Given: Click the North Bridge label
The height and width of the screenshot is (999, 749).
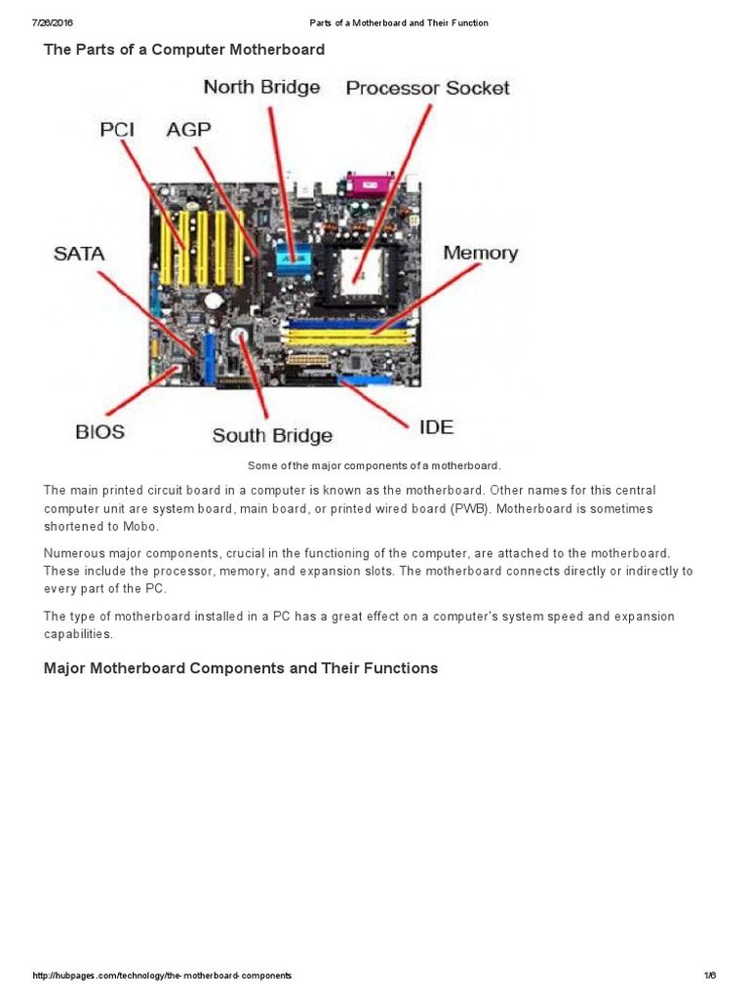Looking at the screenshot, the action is pyautogui.click(x=261, y=88).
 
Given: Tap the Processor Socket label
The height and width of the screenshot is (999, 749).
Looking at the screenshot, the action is pyautogui.click(x=427, y=89).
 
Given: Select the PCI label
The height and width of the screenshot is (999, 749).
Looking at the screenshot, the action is pyautogui.click(x=117, y=130).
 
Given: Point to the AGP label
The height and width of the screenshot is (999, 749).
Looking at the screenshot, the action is pyautogui.click(x=188, y=130).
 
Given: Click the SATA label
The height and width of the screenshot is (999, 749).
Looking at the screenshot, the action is pyautogui.click(x=78, y=254).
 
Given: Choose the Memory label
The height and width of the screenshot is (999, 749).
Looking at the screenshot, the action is pyautogui.click(x=480, y=254).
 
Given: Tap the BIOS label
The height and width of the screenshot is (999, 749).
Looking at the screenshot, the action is pyautogui.click(x=100, y=430).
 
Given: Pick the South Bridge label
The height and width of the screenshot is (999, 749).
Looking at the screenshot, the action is pyautogui.click(x=272, y=436).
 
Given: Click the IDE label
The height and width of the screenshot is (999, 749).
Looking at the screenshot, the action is pyautogui.click(x=436, y=427).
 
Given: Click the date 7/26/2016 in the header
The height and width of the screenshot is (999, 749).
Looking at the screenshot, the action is pyautogui.click(x=54, y=22).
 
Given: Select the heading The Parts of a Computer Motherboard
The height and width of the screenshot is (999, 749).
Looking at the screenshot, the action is pyautogui.click(x=184, y=49).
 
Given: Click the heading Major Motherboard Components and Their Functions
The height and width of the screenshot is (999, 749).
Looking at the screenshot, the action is pyautogui.click(x=241, y=668).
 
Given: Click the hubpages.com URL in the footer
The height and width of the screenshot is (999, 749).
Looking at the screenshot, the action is pyautogui.click(x=162, y=976).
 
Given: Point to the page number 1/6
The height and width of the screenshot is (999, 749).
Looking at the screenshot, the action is pyautogui.click(x=709, y=976).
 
